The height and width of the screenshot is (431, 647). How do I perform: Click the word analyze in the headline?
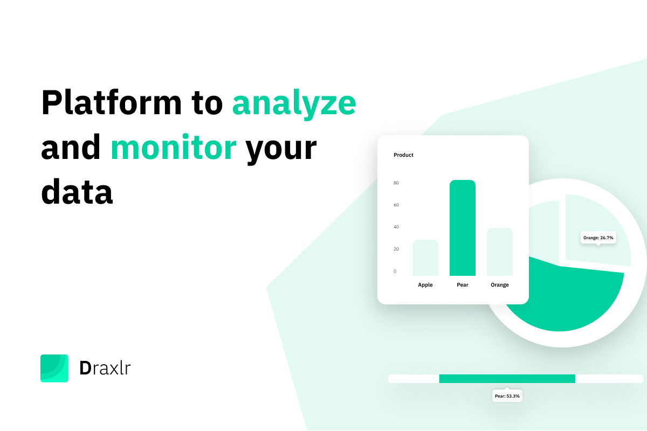click(294, 104)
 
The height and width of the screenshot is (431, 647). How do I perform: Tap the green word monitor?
click(174, 147)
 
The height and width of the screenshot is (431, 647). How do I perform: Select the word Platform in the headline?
click(112, 102)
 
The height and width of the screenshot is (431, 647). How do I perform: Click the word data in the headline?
click(77, 191)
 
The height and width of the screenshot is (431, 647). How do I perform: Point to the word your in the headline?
click(281, 151)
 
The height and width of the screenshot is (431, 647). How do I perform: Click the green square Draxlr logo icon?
click(54, 369)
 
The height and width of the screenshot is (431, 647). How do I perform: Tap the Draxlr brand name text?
click(105, 369)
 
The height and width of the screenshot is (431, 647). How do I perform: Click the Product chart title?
click(403, 155)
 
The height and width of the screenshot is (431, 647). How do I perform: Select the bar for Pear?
click(463, 228)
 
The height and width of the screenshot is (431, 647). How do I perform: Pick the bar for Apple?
click(425, 258)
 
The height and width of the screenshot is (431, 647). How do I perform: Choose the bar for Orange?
click(500, 252)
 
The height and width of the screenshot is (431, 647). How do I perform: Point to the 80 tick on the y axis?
click(396, 183)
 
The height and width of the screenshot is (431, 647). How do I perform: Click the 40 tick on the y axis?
click(396, 227)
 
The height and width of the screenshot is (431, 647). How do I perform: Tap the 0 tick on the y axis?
click(395, 272)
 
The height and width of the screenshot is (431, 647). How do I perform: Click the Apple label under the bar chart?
click(425, 285)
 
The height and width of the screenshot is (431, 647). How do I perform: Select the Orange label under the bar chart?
click(500, 285)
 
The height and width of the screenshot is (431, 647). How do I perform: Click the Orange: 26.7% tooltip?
click(598, 238)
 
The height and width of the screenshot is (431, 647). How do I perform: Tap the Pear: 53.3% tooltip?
click(507, 395)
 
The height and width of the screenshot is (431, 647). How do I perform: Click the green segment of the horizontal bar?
click(507, 379)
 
